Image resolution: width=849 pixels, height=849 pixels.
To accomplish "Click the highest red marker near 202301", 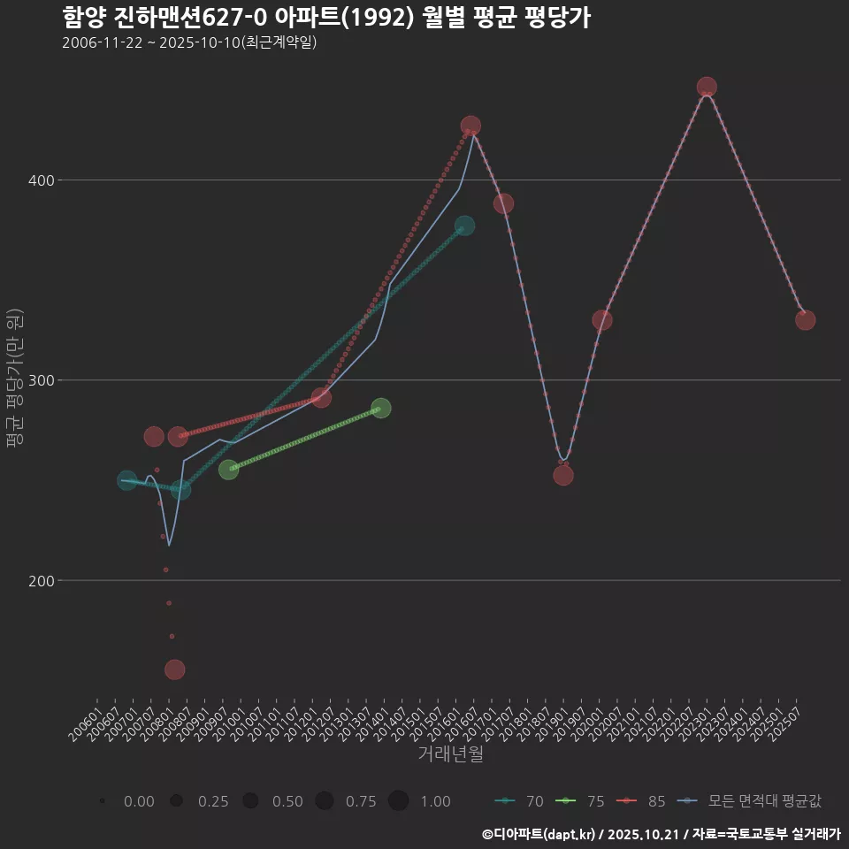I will [707, 87].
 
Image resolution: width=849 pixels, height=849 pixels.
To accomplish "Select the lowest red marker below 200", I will [175, 669].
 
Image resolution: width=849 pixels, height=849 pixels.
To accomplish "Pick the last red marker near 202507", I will [805, 320].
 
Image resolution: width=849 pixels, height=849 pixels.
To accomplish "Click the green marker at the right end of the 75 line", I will [381, 408].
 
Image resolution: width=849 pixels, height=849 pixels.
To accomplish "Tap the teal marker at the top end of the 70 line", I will [464, 226].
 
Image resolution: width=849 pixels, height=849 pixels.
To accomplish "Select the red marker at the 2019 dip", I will [563, 475].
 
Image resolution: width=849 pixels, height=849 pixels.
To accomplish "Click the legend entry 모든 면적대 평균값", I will [752, 801].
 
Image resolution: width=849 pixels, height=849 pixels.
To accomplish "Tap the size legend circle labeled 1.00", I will [398, 801].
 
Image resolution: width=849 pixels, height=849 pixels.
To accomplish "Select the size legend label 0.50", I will [287, 801].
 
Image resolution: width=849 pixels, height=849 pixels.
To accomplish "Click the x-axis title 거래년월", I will [450, 754].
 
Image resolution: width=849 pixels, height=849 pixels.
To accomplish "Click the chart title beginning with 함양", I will [326, 17].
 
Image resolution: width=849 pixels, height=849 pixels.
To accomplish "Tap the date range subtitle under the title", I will [189, 42].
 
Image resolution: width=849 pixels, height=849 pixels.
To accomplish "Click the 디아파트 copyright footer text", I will [661, 833].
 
